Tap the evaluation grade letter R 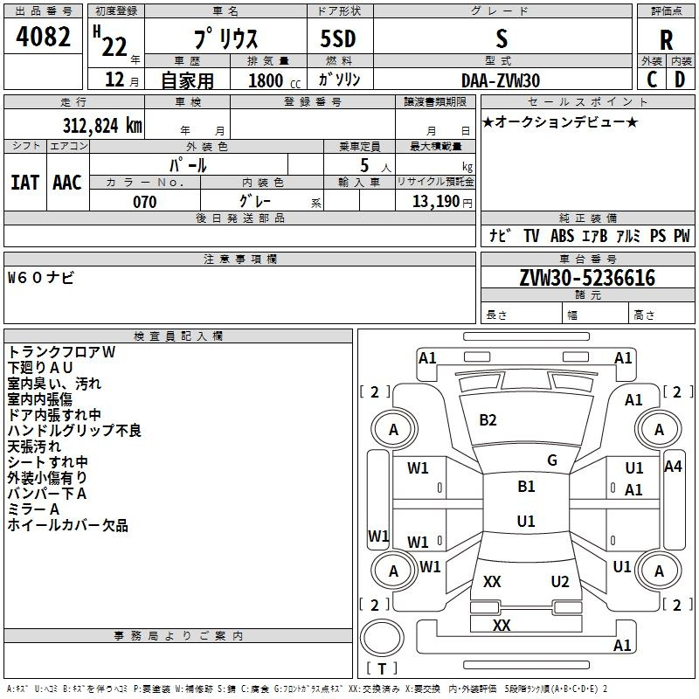[x=666, y=39]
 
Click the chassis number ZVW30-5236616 [x=587, y=278]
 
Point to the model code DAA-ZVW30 [x=500, y=80]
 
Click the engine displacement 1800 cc [x=271, y=80]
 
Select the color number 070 [x=144, y=202]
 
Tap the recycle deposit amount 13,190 [x=436, y=202]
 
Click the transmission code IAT [x=24, y=182]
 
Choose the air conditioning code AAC [x=66, y=182]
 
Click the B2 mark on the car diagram [x=488, y=420]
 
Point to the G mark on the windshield [x=552, y=460]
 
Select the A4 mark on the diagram [x=673, y=467]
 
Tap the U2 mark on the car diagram [x=560, y=582]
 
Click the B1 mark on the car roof [x=526, y=487]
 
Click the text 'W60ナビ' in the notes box [x=41, y=278]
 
